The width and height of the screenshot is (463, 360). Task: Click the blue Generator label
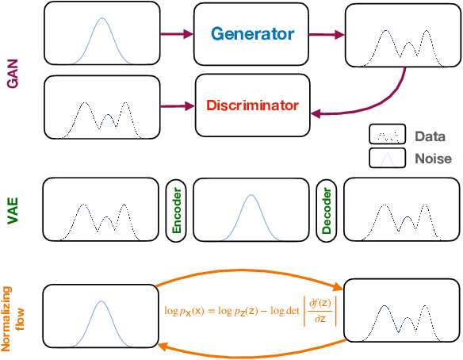click(x=252, y=34)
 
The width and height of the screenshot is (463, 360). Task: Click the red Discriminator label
click(x=253, y=105)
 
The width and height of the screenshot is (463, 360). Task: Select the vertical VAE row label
click(x=12, y=212)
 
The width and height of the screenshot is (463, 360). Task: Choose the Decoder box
click(x=327, y=210)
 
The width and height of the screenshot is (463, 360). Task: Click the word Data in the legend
click(x=430, y=136)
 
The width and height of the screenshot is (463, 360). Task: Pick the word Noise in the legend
click(x=433, y=159)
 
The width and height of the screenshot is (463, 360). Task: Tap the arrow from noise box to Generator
click(x=177, y=33)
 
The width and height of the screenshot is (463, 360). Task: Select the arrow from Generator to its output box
click(x=327, y=33)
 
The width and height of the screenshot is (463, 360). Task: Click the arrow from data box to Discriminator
click(x=177, y=105)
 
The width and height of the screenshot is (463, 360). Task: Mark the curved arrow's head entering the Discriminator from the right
click(x=315, y=114)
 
